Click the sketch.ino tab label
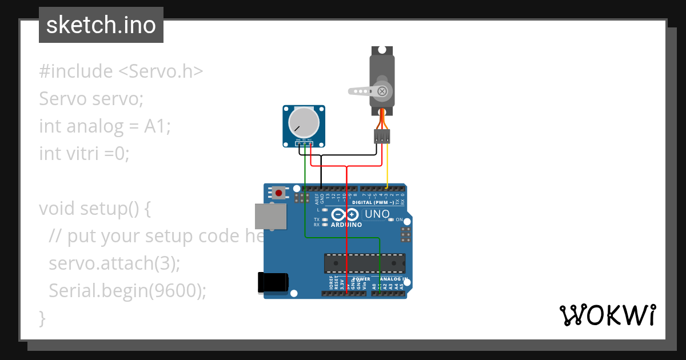tap(101, 25)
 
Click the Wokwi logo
tap(607, 315)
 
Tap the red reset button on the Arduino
tap(278, 193)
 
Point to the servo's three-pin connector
tap(382, 136)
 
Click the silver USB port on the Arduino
tap(270, 217)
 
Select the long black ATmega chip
tap(364, 263)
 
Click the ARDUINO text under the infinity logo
tap(346, 225)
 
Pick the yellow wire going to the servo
tap(388, 166)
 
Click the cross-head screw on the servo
tap(383, 90)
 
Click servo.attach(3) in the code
tap(114, 263)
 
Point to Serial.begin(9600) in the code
tap(127, 291)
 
